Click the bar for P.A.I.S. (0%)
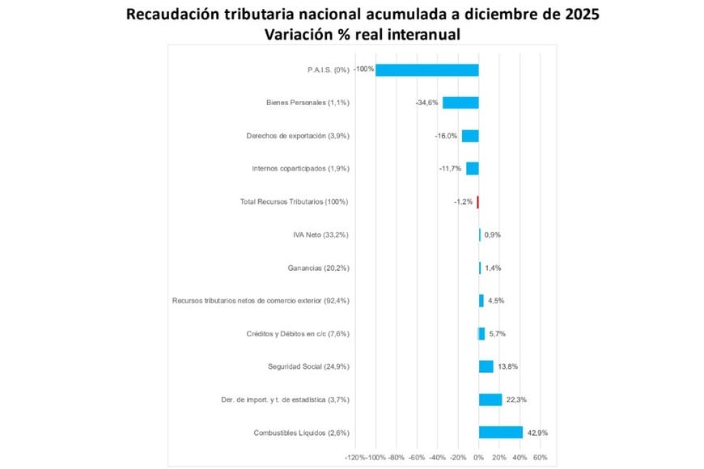[426, 70]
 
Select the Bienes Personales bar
[460, 103]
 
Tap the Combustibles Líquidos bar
[500, 433]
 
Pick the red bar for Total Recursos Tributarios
[477, 201]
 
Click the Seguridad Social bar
[486, 366]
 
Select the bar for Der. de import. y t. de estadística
[490, 399]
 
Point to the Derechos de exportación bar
[470, 136]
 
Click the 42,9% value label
[537, 433]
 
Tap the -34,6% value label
[427, 103]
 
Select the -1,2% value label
[463, 201]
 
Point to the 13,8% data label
[507, 366]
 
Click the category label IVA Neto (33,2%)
[321, 234]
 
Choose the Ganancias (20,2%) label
[318, 268]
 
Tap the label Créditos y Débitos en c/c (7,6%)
[297, 333]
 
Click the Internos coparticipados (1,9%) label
[300, 168]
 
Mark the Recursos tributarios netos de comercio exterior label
[261, 301]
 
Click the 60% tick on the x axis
[541, 458]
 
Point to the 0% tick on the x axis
[478, 458]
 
